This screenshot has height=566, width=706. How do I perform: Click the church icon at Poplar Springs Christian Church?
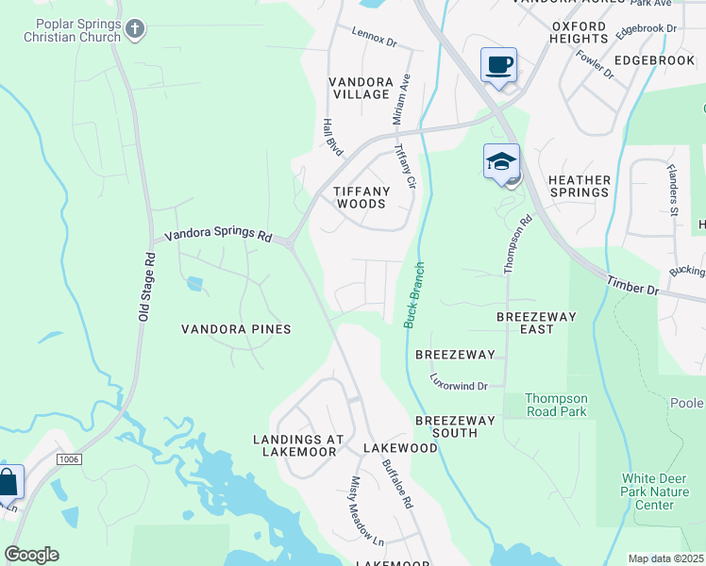pos(135,29)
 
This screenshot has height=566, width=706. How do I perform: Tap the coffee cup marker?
pos(498,66)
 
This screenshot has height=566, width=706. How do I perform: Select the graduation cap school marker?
pos(502,161)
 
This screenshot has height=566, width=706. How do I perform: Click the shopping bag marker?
pos(8,482)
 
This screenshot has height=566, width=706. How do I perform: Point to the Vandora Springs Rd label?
pos(218,236)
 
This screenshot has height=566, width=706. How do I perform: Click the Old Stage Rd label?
pos(146,286)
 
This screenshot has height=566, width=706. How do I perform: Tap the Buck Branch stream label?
pos(413,295)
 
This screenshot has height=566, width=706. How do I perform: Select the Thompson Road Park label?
pos(556,405)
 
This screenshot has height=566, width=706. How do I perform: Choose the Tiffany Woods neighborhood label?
pos(361,196)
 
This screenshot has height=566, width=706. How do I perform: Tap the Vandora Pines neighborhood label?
pos(236,328)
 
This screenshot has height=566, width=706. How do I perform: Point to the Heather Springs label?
pos(579,186)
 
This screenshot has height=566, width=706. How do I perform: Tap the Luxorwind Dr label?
pos(458,385)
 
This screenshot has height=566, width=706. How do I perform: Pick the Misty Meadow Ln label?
pos(367,524)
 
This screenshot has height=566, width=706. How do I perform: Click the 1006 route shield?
pos(68,459)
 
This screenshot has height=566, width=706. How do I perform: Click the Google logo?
pos(31,555)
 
